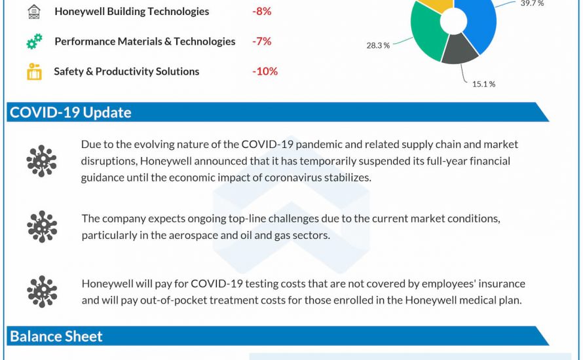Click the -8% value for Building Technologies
click(261, 11)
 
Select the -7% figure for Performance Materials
click(261, 41)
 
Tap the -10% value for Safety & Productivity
click(265, 71)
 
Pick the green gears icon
click(34, 42)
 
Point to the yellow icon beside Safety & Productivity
click(34, 71)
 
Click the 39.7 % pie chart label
click(532, 3)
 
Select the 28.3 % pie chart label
click(378, 45)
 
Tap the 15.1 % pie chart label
click(483, 84)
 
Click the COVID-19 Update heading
click(70, 112)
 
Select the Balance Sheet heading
click(56, 336)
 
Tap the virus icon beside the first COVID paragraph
click(41, 161)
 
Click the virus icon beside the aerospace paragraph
click(41, 226)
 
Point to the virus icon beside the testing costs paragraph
click(41, 292)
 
